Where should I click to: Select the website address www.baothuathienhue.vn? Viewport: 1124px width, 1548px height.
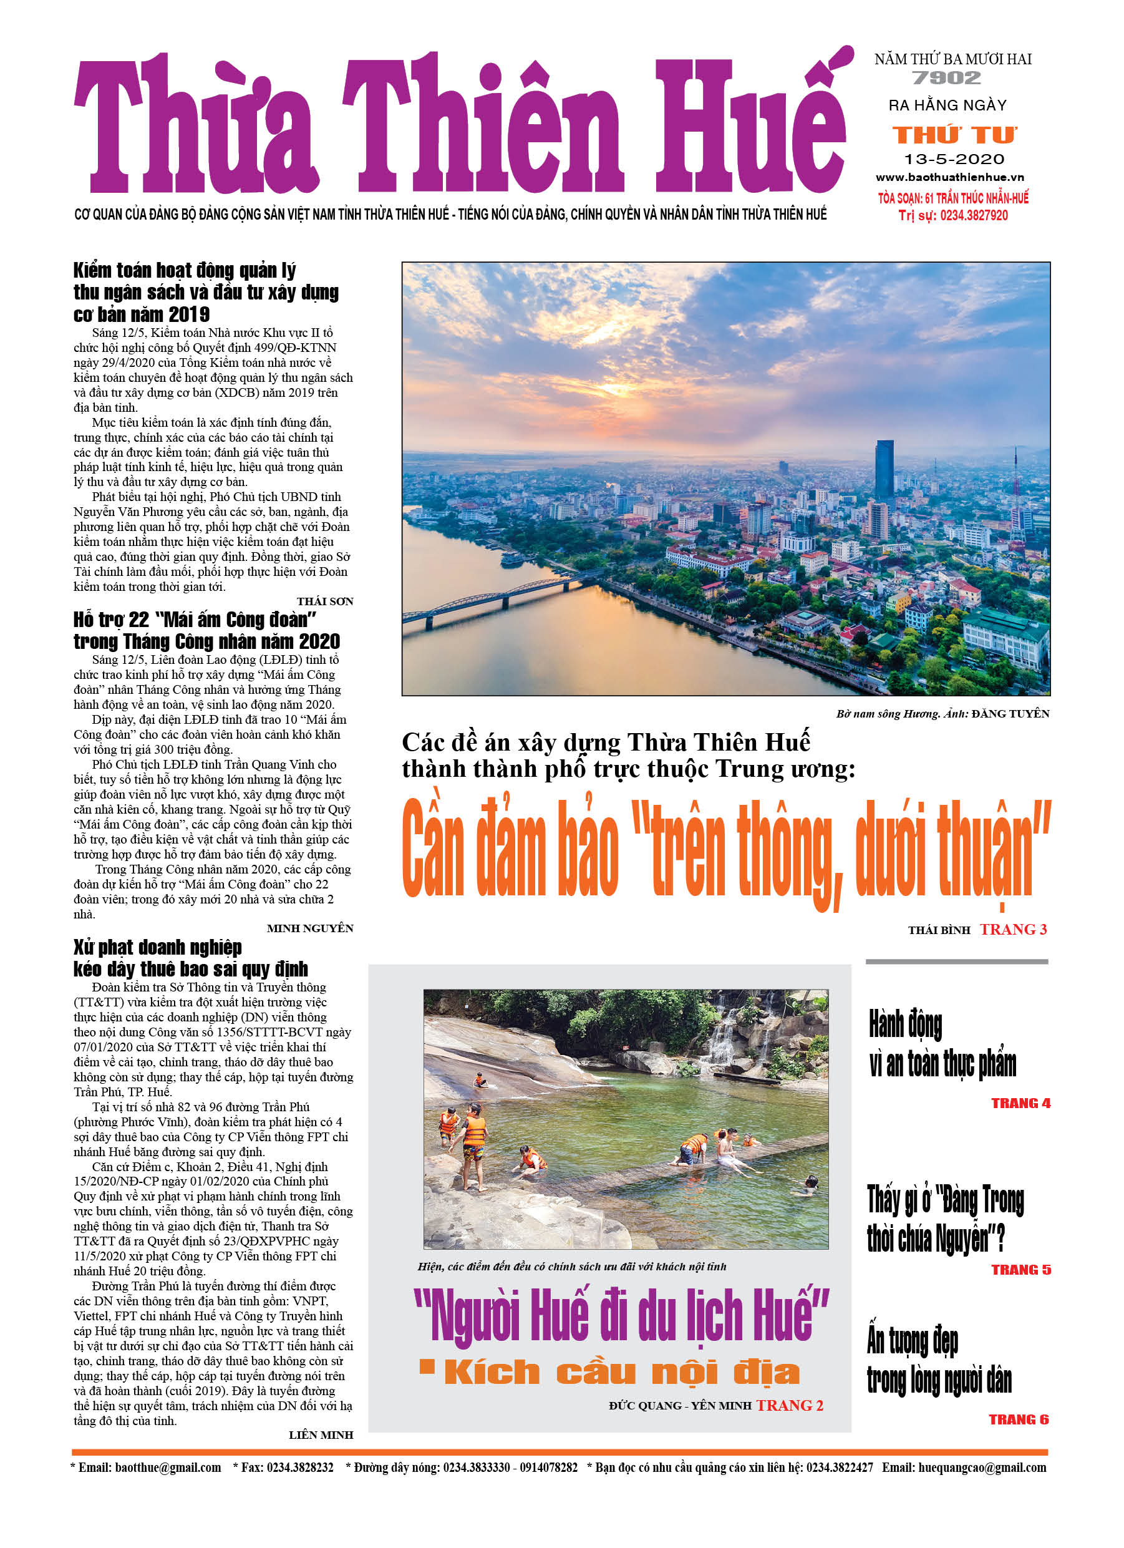(x=950, y=177)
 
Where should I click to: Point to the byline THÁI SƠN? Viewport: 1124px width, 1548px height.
(x=325, y=601)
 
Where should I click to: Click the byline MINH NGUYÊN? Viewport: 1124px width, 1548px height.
(x=310, y=928)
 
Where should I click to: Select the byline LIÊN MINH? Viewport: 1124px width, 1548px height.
(x=321, y=1434)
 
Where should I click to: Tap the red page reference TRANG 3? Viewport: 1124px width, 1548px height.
(x=1013, y=930)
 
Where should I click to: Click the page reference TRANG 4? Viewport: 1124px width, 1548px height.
(x=1020, y=1103)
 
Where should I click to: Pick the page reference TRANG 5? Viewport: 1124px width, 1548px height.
(x=1020, y=1270)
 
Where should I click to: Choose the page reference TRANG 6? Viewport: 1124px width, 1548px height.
(x=1018, y=1419)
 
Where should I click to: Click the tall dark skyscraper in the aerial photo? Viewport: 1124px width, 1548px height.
(x=884, y=471)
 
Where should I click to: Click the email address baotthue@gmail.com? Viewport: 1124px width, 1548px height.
(x=168, y=1468)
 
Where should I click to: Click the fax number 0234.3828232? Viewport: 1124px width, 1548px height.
(x=299, y=1468)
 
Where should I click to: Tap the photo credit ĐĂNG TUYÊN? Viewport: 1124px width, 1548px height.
(x=1010, y=714)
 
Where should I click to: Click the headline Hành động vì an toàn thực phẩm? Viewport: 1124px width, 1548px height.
(x=942, y=1044)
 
